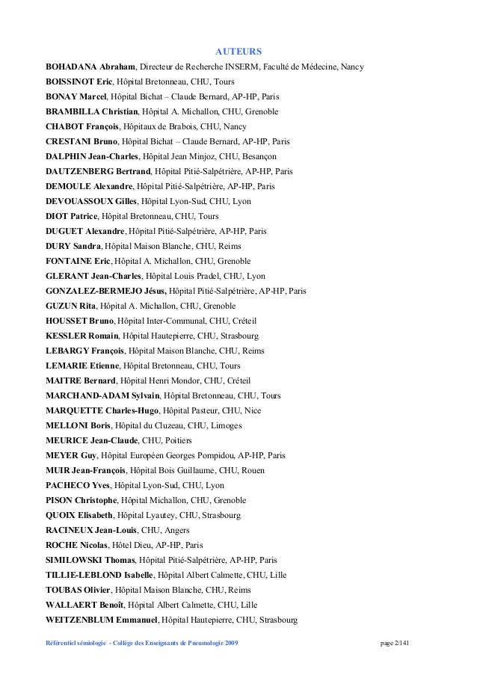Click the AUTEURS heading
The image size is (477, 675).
pyautogui.click(x=238, y=52)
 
